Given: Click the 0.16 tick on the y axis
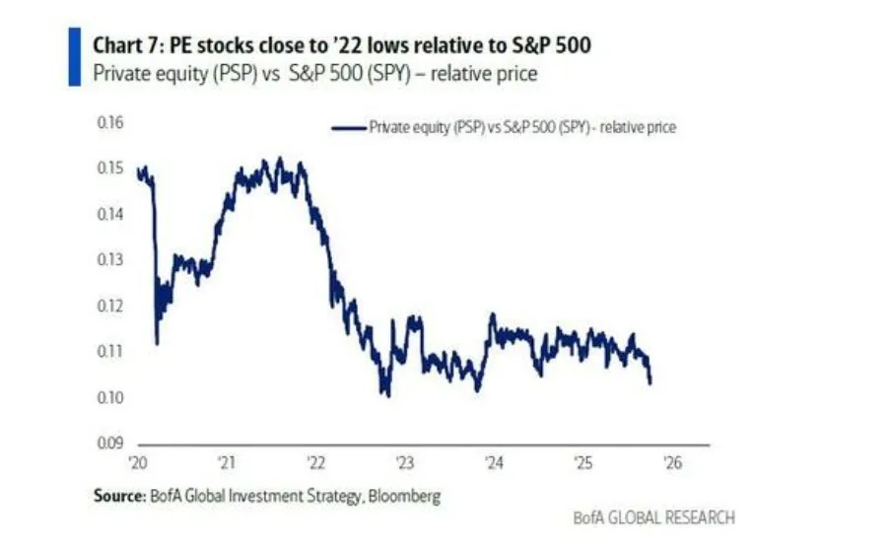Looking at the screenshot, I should (109, 123).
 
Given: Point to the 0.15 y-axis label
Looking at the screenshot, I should (109, 169).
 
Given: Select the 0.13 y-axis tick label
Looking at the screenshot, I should (109, 260).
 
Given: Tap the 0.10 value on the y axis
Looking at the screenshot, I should (109, 397).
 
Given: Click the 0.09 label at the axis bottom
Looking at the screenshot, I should (109, 443).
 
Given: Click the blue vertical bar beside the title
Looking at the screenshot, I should (73, 56).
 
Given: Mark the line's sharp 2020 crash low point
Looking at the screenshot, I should (157, 343).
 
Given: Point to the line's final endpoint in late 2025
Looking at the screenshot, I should (650, 382).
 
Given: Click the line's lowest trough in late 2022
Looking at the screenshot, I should (387, 395).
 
